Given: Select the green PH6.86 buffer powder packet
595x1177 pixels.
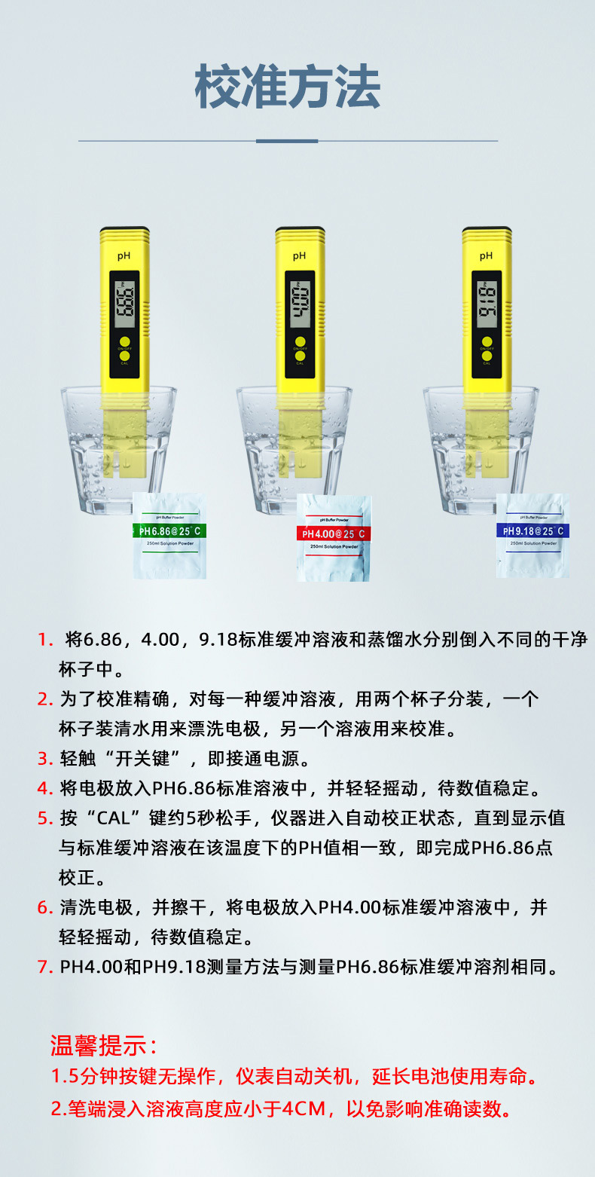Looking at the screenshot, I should (x=169, y=534).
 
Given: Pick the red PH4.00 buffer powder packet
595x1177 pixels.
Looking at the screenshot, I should (x=333, y=537).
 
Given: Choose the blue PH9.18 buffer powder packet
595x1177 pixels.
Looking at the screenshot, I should (x=532, y=534).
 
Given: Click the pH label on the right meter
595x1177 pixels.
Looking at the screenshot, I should (x=486, y=256).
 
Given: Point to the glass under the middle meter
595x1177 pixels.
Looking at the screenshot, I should (x=294, y=452).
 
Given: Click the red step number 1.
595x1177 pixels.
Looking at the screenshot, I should (x=45, y=640).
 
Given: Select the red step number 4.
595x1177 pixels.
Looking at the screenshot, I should (x=44, y=788).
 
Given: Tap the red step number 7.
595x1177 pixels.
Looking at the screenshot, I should (x=44, y=967).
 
